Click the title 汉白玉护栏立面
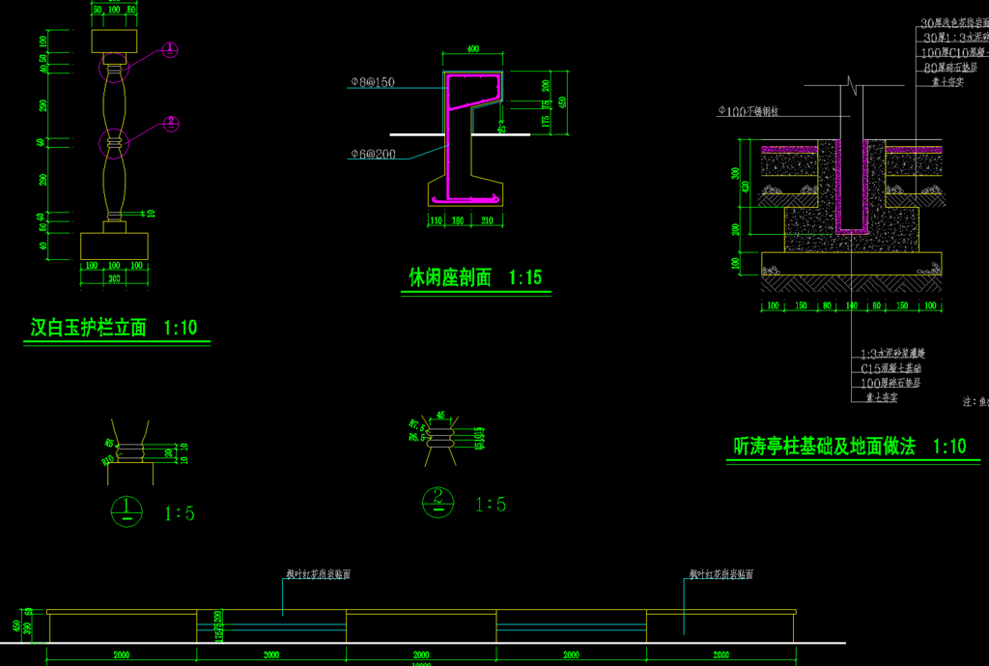point(88,329)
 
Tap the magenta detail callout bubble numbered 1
point(170,48)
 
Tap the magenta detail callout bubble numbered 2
point(170,123)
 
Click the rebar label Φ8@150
point(373,83)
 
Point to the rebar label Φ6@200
point(373,154)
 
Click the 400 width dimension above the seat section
point(472,48)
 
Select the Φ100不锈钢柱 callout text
point(748,111)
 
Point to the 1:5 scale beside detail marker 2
point(491,505)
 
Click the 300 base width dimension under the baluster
point(114,278)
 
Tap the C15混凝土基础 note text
point(890,368)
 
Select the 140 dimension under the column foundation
point(852,306)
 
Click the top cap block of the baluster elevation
point(114,41)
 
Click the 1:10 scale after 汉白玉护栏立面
point(181,329)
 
